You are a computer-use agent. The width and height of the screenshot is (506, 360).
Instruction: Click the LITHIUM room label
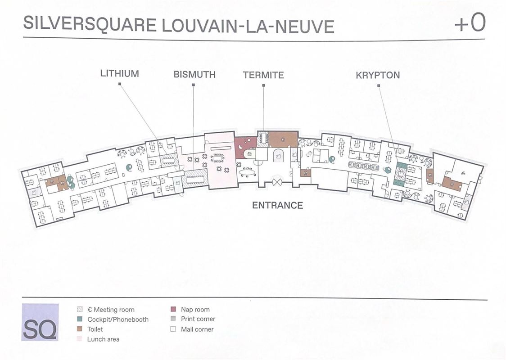pos(119,73)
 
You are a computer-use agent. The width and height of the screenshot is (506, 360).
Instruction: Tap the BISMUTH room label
pos(194,75)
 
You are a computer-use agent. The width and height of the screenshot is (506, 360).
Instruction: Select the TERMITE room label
pos(263,75)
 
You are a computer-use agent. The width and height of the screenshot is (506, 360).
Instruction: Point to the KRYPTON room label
pos(378,75)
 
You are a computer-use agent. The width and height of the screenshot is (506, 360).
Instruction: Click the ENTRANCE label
pos(277,205)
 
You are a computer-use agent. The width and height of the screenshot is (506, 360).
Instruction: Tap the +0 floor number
pos(470,23)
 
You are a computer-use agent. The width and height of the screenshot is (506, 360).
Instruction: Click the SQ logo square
pos(40,322)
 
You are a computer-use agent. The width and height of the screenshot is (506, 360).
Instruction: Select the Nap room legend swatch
pos(173,309)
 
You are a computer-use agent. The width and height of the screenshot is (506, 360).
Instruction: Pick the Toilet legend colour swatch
pos(80,329)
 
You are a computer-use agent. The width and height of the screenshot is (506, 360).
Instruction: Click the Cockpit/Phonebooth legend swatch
pos(80,319)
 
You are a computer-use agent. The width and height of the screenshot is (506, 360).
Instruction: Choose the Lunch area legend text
pos(103,339)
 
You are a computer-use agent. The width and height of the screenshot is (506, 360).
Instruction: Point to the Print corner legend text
pos(198,319)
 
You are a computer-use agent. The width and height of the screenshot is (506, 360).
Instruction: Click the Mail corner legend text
pos(197,329)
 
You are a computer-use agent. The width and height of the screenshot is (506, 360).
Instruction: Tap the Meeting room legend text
pos(111,310)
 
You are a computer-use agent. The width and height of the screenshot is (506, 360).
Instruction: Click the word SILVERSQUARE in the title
pos(85,24)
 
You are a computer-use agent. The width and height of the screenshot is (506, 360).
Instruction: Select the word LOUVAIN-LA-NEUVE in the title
pos(247,27)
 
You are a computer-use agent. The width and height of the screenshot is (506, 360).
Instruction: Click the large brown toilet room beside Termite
pos(283,139)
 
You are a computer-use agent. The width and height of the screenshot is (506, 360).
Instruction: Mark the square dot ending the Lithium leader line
pos(119,85)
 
